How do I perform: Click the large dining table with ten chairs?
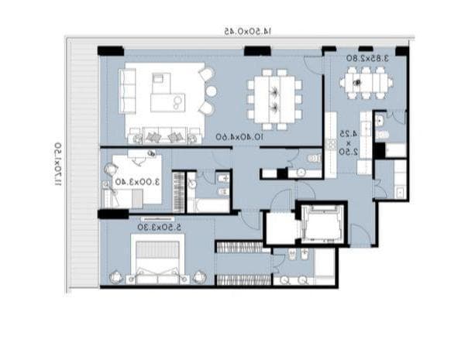pos(275,98)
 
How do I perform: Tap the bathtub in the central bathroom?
pos(210,205)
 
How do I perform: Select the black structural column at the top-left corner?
pos(110,51)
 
